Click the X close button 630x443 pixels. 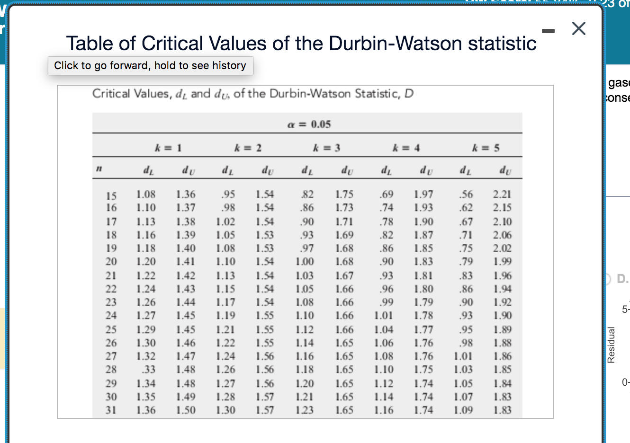click(x=578, y=28)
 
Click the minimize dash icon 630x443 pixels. click(x=548, y=31)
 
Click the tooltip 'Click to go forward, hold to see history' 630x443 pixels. click(x=151, y=66)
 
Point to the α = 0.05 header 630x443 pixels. click(x=309, y=124)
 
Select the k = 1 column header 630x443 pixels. click(x=168, y=148)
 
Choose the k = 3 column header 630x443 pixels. click(x=326, y=148)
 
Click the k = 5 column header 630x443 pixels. click(x=486, y=148)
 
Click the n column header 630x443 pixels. click(x=99, y=168)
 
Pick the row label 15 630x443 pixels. click(x=111, y=195)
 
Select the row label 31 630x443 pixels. click(x=111, y=410)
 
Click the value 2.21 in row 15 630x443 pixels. click(x=502, y=194)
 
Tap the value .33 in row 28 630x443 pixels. click(x=149, y=369)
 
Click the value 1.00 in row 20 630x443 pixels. click(x=305, y=261)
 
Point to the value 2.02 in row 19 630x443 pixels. click(x=502, y=248)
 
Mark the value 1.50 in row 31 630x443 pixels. click(x=186, y=410)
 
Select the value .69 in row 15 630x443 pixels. click(x=387, y=194)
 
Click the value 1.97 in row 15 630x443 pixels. click(x=423, y=194)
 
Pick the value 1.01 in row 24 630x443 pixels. click(x=384, y=315)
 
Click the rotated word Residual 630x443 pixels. click(x=611, y=345)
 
